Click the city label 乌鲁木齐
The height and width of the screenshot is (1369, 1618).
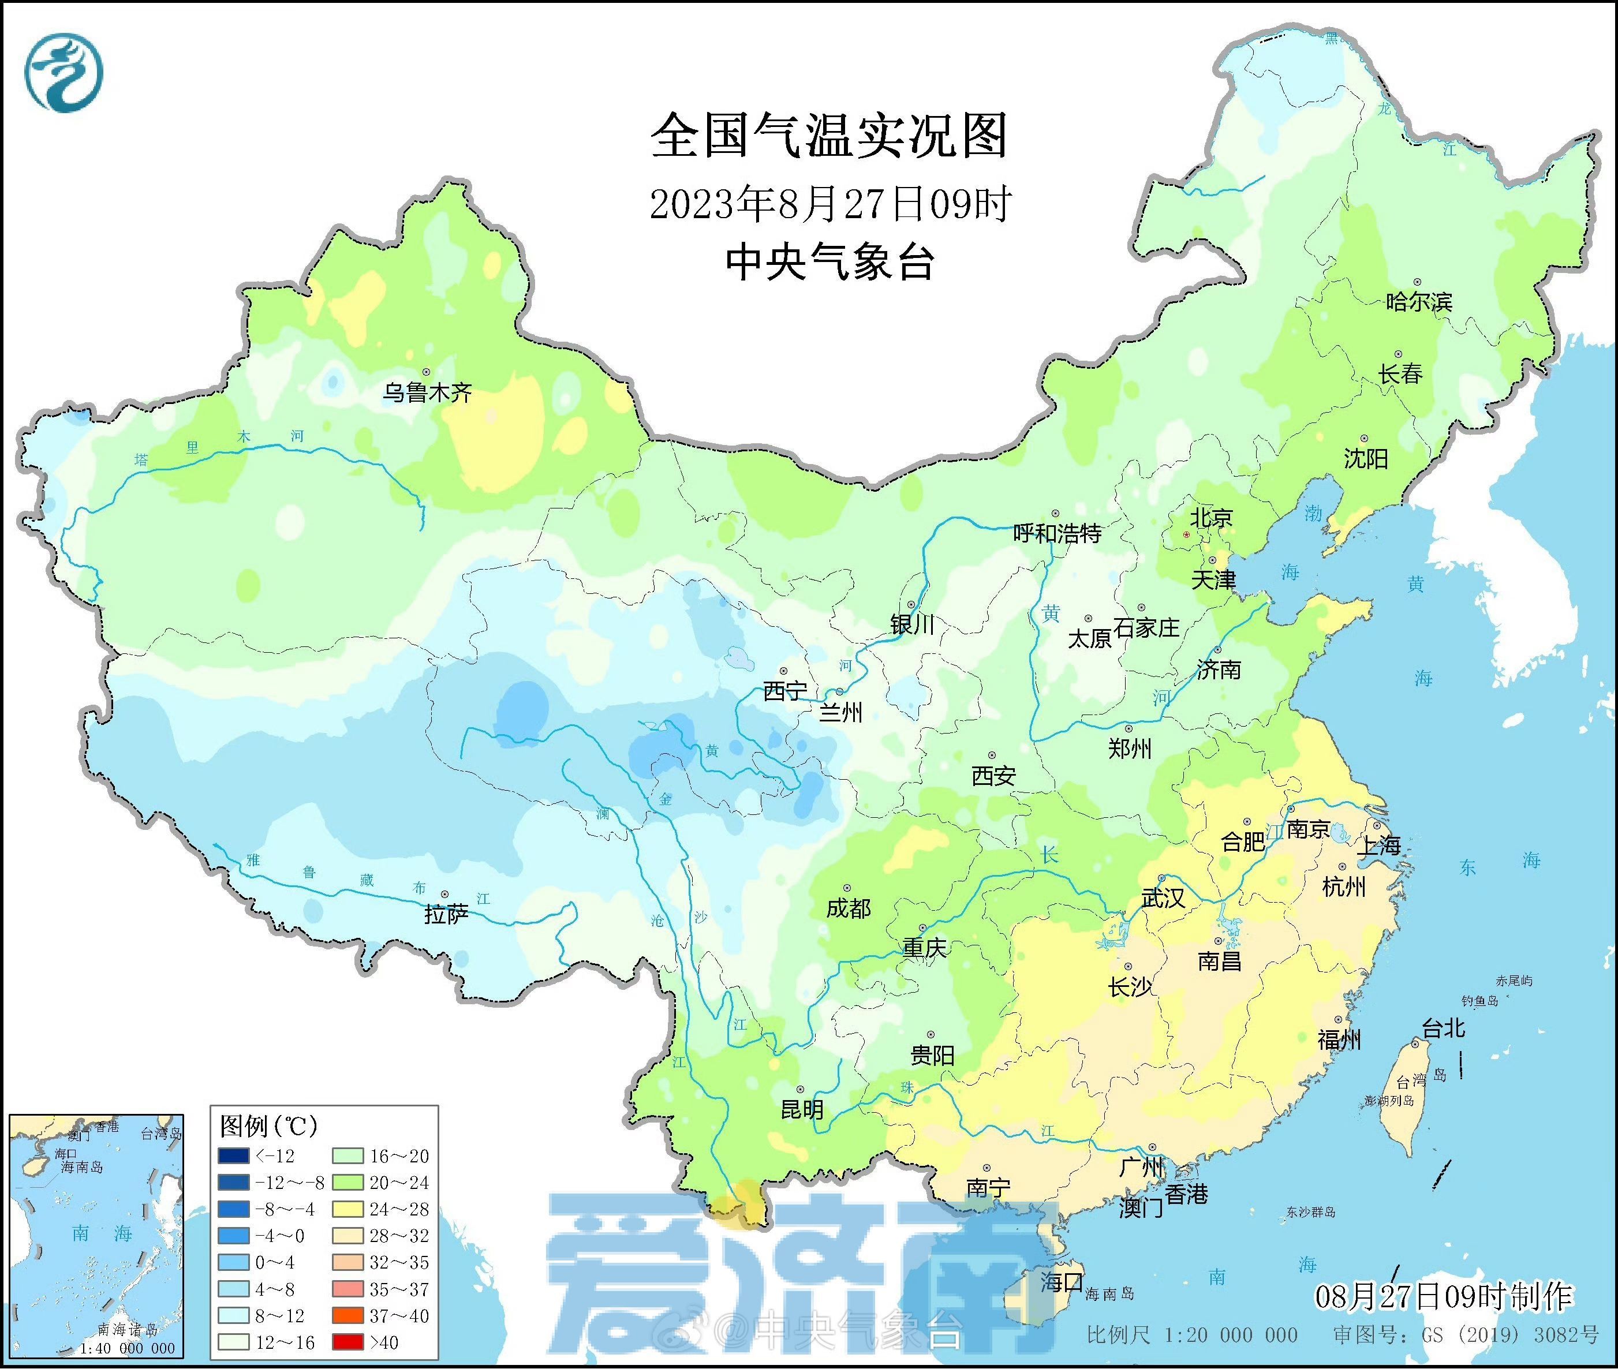click(427, 392)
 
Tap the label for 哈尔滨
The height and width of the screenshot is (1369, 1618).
click(1418, 301)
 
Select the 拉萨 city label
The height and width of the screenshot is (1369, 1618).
click(446, 914)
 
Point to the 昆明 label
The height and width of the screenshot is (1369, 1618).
click(802, 1109)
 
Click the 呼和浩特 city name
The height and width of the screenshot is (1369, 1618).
click(1057, 533)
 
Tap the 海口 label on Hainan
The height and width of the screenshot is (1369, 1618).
click(1062, 1281)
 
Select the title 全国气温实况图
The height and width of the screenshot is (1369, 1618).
click(829, 136)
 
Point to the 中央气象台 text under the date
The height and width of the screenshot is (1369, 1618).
click(829, 261)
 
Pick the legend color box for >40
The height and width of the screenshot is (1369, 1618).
click(347, 1342)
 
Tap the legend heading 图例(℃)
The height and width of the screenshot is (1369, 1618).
click(268, 1125)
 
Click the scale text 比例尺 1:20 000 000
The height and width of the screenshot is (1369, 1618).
click(1192, 1335)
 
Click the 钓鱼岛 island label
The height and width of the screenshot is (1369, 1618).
click(1479, 1001)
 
